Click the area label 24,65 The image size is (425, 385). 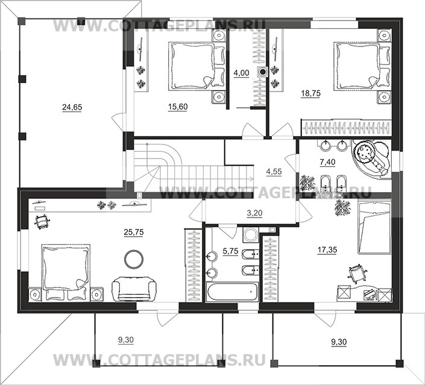[x=72, y=108]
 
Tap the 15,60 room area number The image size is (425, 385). [x=178, y=107]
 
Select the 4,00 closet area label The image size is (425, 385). [x=241, y=73]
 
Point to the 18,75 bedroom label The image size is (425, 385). [x=310, y=93]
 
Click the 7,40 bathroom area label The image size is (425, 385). [x=327, y=162]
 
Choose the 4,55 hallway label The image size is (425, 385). [x=274, y=172]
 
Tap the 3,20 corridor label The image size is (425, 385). [x=254, y=213]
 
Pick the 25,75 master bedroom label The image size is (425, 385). [x=134, y=233]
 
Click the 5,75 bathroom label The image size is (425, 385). [x=230, y=251]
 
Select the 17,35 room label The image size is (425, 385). [x=327, y=250]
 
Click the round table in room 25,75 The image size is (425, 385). [x=134, y=259]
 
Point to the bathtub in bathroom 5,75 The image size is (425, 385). [x=232, y=292]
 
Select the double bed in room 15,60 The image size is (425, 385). [x=197, y=66]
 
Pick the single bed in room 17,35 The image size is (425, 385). [x=374, y=227]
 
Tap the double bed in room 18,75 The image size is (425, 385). [x=362, y=66]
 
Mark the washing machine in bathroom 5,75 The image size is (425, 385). [x=251, y=234]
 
